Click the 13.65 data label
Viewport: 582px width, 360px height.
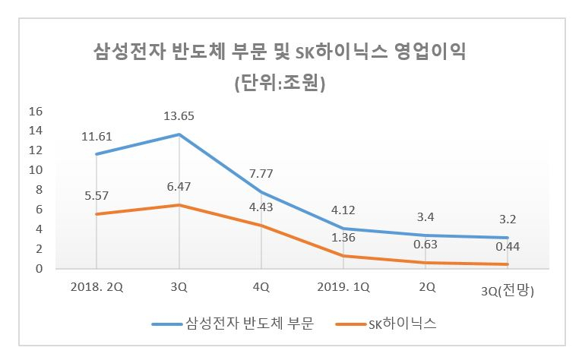coord(179,116)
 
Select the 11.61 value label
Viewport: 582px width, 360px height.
coord(96,137)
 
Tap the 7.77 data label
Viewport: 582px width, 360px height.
coord(261,173)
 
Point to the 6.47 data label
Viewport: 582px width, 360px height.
coord(179,186)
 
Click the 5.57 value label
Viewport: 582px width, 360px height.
coord(96,196)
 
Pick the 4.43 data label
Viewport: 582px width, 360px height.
coord(261,207)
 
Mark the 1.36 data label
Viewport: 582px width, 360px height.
coord(343,237)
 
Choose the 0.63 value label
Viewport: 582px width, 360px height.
coord(425,245)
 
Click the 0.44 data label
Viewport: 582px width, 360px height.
coord(508,246)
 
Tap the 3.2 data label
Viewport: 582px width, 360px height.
coord(508,219)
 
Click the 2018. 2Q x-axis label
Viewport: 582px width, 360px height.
coord(96,287)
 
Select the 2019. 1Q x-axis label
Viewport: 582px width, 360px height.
coord(343,287)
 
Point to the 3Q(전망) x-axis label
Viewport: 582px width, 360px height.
coord(508,291)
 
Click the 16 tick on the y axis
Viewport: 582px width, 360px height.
coord(36,112)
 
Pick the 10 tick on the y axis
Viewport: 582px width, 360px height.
coord(36,170)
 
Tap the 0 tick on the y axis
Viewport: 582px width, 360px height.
coord(39,269)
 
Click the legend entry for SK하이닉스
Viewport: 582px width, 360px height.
coord(387,324)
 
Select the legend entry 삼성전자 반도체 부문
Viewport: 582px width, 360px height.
coord(233,324)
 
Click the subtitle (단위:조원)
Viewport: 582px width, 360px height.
coord(280,83)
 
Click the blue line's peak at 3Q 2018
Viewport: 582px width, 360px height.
coord(179,134)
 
